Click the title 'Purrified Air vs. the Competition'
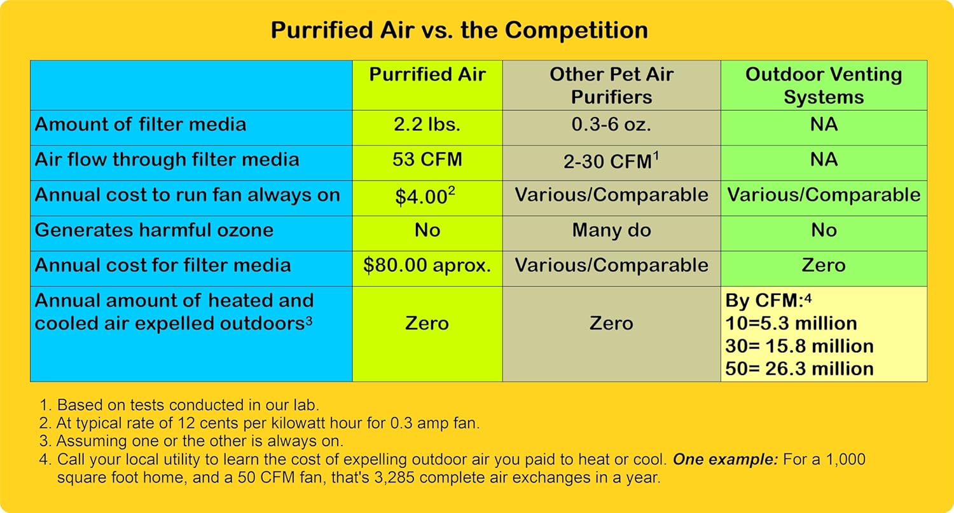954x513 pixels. pyautogui.click(x=459, y=31)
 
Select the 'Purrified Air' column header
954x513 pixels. pyautogui.click(x=427, y=75)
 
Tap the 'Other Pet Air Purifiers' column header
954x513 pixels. pyautogui.click(x=611, y=86)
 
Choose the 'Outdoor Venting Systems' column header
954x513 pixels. pyautogui.click(x=824, y=86)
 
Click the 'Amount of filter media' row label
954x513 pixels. pyautogui.click(x=141, y=124)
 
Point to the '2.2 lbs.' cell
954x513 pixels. pyautogui.click(x=427, y=124)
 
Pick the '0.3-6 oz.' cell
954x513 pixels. pyautogui.click(x=611, y=124)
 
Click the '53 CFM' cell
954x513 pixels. pyautogui.click(x=427, y=159)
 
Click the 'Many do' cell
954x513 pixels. pyautogui.click(x=611, y=230)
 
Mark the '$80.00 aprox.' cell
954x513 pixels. pyautogui.click(x=427, y=265)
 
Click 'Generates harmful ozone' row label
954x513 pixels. pyautogui.click(x=154, y=230)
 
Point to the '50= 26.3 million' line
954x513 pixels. pyautogui.click(x=799, y=369)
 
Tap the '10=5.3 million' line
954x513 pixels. pyautogui.click(x=791, y=323)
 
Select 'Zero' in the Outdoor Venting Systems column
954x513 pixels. pyautogui.click(x=824, y=265)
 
